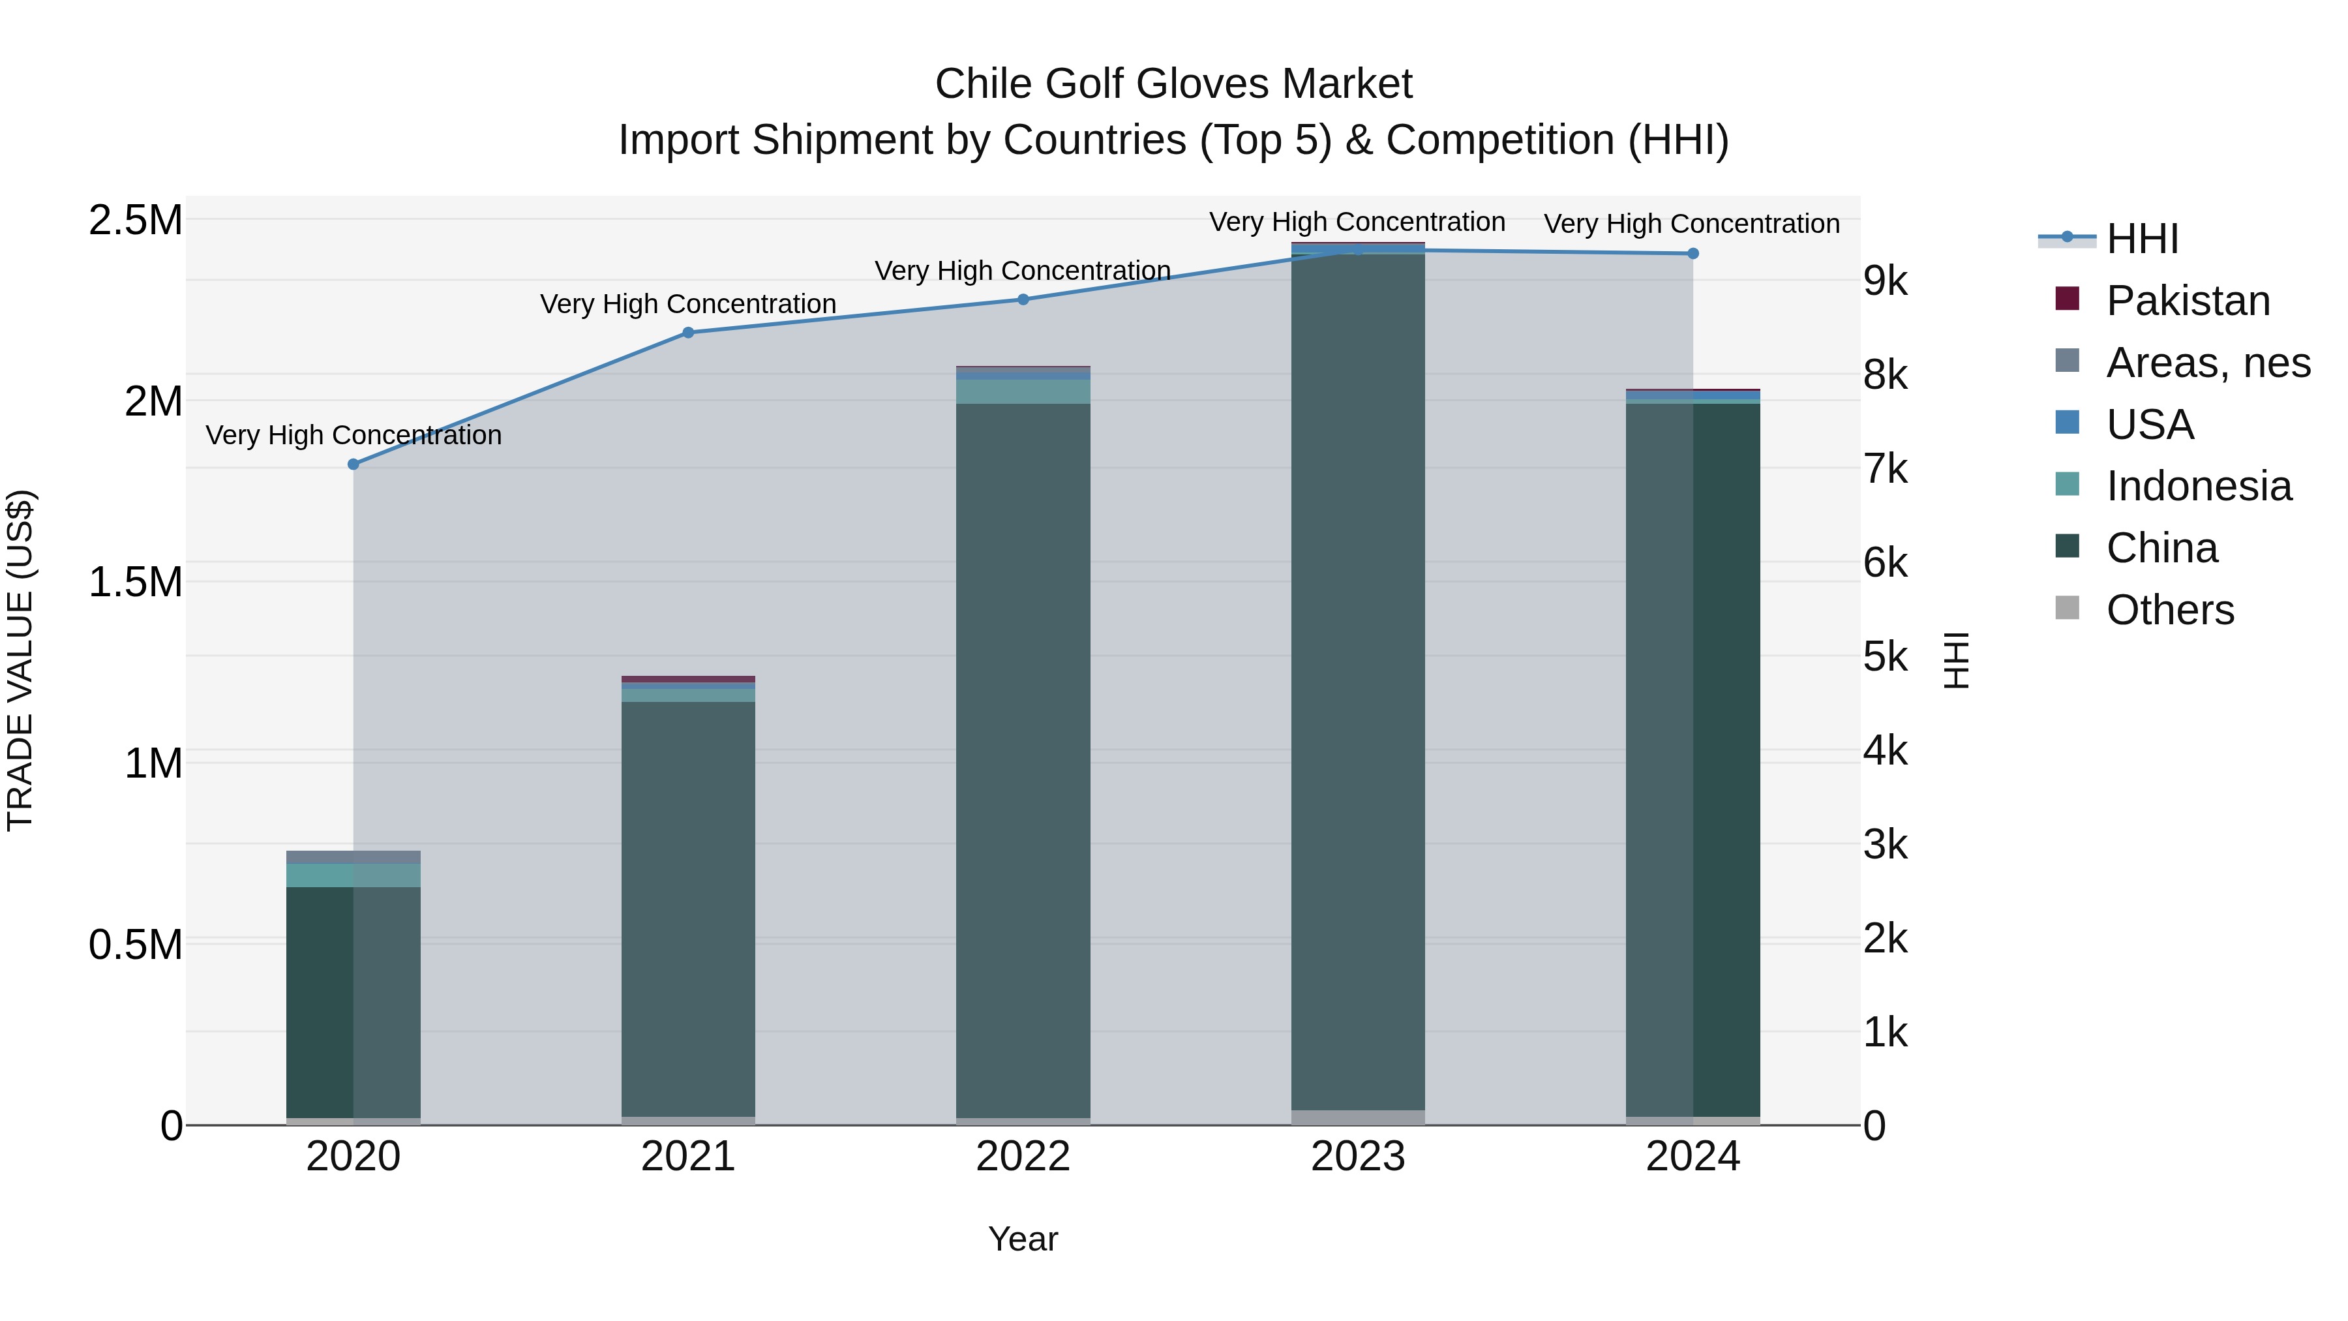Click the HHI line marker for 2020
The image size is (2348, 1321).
tap(354, 464)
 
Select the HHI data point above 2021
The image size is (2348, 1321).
tap(688, 333)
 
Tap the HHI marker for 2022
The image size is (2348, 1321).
tap(1023, 299)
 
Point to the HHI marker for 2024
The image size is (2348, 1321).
tap(1693, 254)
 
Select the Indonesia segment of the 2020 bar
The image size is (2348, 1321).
tap(354, 875)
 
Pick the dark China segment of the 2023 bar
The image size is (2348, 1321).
tap(1358, 684)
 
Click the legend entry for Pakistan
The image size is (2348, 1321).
tap(2188, 301)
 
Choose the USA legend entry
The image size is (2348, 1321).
tap(2149, 425)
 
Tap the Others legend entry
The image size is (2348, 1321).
tap(2169, 610)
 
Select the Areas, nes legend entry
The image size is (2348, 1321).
tap(2208, 363)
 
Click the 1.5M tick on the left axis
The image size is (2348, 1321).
tap(135, 582)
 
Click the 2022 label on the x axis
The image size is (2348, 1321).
tap(1023, 1157)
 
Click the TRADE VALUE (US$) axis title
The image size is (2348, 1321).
tap(20, 660)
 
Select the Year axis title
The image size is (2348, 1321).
tap(1023, 1239)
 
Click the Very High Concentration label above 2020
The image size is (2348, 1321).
tap(354, 435)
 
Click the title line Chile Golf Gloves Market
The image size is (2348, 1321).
tap(1173, 84)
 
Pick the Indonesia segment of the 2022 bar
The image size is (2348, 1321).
tap(1023, 391)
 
